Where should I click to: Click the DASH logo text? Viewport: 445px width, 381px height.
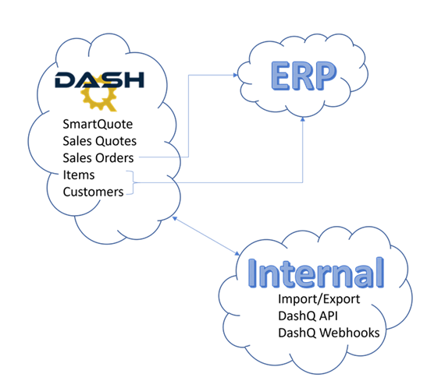point(99,79)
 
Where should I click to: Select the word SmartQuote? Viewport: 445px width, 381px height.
point(98,125)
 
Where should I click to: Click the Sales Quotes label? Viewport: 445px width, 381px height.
point(100,141)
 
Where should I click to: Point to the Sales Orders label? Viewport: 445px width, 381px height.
point(98,158)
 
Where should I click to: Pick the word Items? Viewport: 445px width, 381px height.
point(79,175)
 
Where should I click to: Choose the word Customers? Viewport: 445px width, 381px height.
point(93,192)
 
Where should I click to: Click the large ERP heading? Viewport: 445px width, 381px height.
point(304,76)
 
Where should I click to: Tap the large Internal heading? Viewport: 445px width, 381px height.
point(316,273)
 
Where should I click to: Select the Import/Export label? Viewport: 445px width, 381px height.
point(319,299)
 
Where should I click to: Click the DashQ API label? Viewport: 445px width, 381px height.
point(308,316)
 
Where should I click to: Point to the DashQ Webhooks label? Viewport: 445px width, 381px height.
point(329,333)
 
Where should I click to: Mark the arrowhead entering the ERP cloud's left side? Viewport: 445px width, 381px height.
point(236,75)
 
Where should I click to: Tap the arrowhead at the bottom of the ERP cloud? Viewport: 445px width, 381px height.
point(303,119)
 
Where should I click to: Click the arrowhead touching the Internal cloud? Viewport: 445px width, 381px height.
point(237,253)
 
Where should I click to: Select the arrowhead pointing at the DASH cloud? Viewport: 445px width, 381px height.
point(175,219)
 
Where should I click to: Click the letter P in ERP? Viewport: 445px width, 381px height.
point(325,76)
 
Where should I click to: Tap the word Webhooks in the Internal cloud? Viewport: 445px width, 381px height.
point(349,333)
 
